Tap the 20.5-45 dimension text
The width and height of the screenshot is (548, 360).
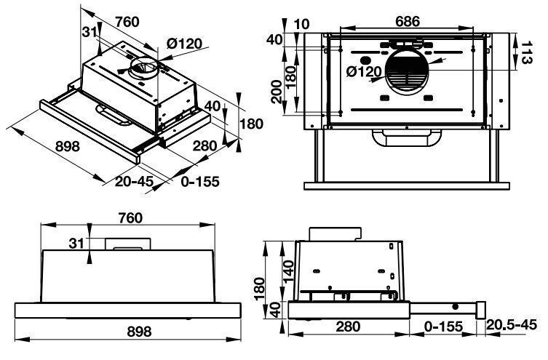[x=516, y=324]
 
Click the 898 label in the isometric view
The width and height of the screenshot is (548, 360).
[x=67, y=146]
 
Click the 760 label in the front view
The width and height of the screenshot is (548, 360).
[x=130, y=217]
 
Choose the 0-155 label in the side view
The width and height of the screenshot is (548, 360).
[x=445, y=326]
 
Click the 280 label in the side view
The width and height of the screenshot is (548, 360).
[x=349, y=326]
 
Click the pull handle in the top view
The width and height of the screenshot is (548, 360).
[x=407, y=137]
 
